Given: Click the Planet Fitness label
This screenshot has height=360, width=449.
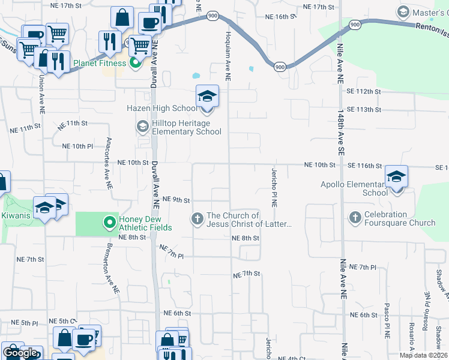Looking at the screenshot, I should (x=100, y=63).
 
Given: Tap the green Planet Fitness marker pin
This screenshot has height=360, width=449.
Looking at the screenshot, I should (x=135, y=62).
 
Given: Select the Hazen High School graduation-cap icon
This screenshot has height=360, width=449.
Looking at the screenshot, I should (x=207, y=97).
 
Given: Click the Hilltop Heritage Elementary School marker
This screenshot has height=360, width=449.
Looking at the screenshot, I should (x=142, y=126).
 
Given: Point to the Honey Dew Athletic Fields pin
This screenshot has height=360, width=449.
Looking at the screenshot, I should (x=109, y=223).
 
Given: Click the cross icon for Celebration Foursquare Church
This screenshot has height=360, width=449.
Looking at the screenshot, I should (x=355, y=218).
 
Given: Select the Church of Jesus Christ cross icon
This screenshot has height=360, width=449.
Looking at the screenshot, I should (x=197, y=219).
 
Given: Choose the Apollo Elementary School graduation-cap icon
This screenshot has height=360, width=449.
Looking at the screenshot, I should (x=396, y=176).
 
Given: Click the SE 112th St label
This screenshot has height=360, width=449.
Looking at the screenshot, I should (x=364, y=91).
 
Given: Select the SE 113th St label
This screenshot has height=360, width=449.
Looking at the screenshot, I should (x=364, y=109).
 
